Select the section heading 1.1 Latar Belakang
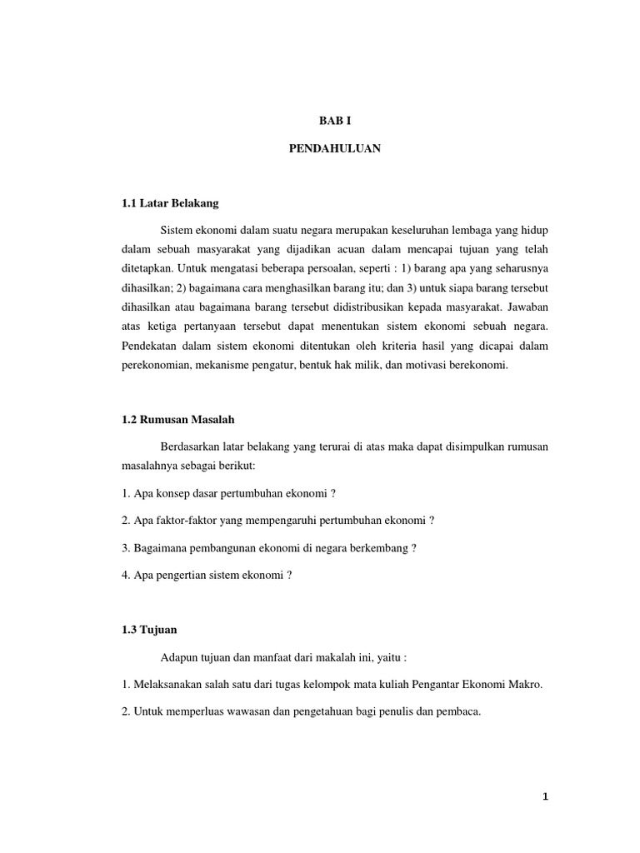(x=170, y=202)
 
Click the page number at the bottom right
(x=546, y=797)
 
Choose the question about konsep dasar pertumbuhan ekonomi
(x=228, y=494)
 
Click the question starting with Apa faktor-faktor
(x=278, y=521)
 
